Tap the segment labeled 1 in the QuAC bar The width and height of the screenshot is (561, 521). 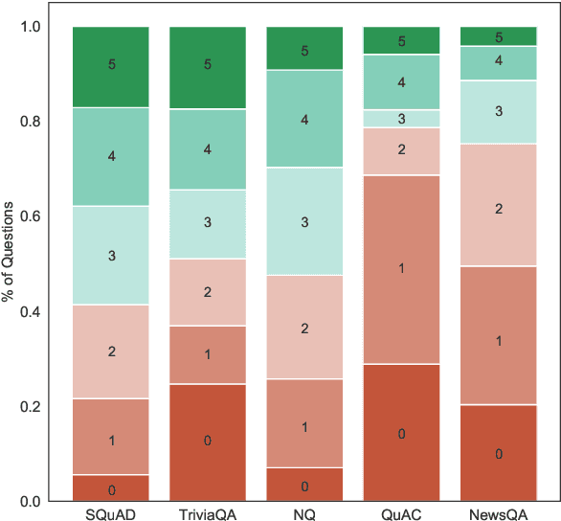point(401,269)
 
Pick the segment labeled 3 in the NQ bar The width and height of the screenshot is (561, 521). point(304,221)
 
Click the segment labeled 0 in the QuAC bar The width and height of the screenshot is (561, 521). point(401,433)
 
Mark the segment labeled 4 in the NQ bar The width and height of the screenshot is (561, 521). point(304,120)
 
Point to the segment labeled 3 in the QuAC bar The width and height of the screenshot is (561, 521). point(401,119)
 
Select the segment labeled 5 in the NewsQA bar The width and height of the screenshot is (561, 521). point(498,36)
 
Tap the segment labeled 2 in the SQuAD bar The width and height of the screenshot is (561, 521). point(111,351)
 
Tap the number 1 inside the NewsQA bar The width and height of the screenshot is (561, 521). point(498,341)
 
